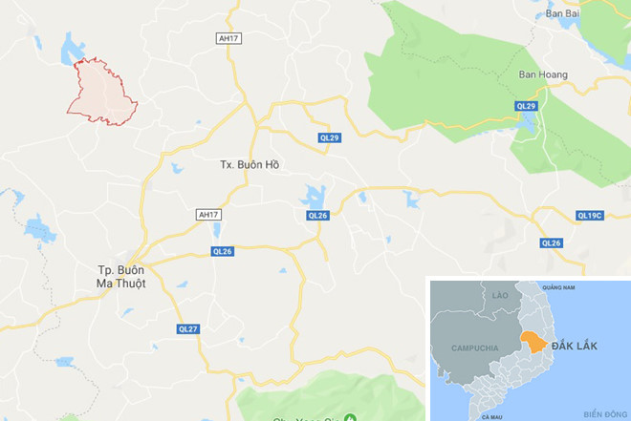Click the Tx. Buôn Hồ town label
(250, 164)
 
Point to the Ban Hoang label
(542, 74)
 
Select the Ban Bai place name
(562, 14)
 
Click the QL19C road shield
(590, 216)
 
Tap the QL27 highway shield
(187, 328)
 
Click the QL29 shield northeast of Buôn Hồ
(330, 137)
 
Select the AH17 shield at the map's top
(227, 38)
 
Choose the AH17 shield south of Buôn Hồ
(208, 215)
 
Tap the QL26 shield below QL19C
(552, 243)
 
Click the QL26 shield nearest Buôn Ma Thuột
(222, 251)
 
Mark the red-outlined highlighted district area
(100, 92)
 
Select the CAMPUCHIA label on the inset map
(473, 347)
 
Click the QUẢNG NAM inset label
(558, 286)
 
